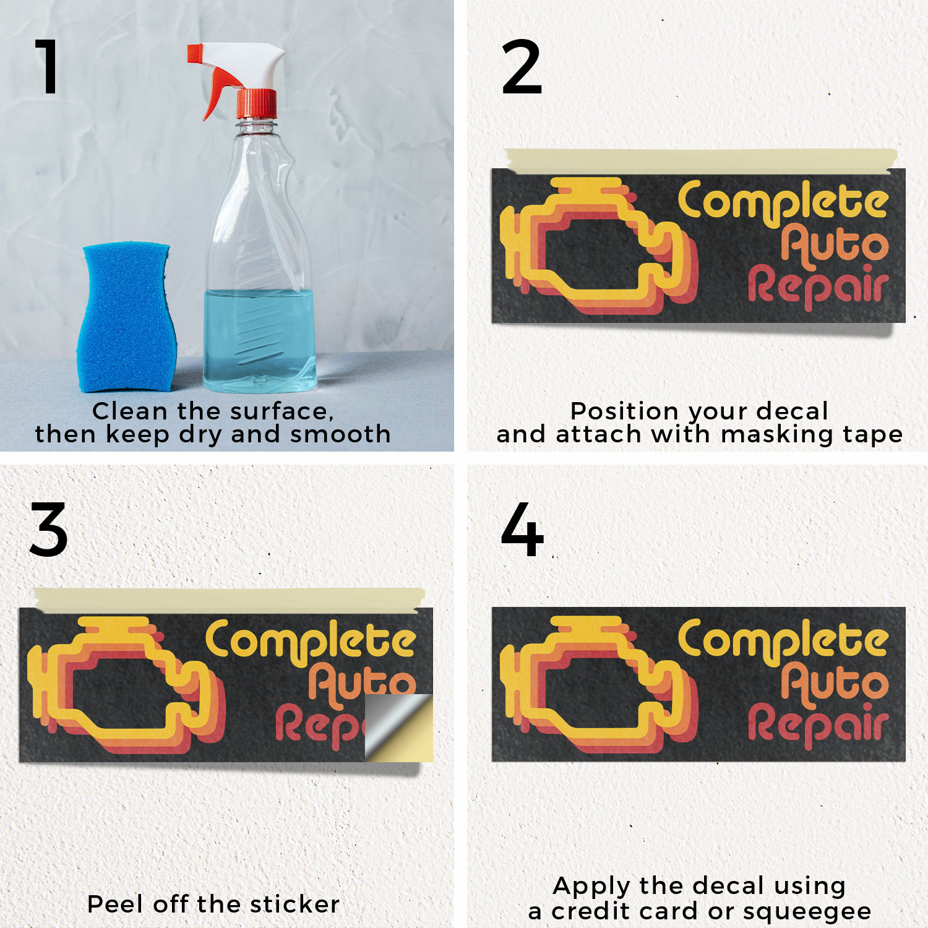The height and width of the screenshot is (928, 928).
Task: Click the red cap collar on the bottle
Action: [257, 103]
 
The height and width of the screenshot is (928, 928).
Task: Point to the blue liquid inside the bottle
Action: [259, 340]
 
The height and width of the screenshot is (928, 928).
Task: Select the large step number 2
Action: [522, 67]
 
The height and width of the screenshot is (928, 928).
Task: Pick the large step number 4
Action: [522, 529]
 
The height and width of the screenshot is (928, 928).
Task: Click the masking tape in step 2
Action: [700, 160]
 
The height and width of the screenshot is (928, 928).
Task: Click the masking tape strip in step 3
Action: [229, 599]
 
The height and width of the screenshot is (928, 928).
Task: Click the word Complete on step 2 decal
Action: [783, 202]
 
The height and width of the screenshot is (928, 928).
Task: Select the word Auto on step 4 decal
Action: [834, 683]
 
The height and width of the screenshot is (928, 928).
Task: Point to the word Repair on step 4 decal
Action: [818, 724]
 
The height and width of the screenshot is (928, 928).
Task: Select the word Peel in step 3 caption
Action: [117, 904]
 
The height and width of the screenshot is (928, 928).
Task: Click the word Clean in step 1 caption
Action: [130, 411]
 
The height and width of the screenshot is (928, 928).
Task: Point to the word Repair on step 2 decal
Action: [818, 285]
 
